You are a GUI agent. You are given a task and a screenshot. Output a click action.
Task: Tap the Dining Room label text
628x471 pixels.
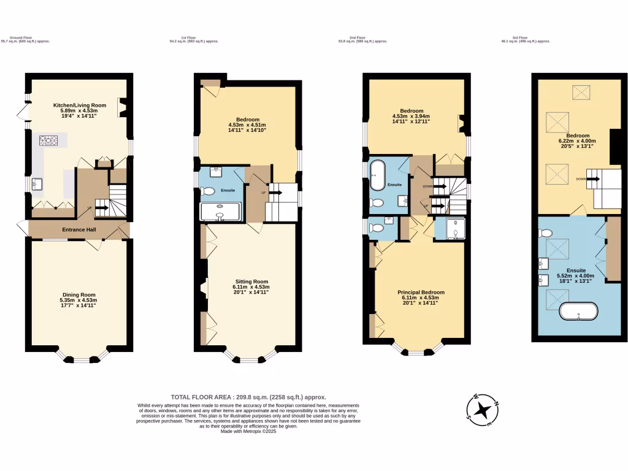[78, 294]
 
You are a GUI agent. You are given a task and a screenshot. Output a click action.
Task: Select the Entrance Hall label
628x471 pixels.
[79, 230]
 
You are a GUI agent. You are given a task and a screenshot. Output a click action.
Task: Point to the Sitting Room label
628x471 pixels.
[251, 281]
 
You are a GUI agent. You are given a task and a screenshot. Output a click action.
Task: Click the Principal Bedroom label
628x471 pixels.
[421, 293]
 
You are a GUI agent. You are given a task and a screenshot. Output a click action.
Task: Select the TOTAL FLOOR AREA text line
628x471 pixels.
[248, 397]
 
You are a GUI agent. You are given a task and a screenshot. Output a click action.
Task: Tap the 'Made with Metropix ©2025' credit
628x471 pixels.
[249, 431]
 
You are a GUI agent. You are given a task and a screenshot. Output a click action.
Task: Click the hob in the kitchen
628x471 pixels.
[48, 141]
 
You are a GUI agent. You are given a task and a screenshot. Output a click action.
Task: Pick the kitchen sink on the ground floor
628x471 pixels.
[36, 183]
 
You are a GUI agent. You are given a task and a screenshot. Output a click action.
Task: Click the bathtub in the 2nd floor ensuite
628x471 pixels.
[377, 175]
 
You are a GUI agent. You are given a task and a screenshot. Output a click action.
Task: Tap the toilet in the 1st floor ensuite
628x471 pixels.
[208, 191]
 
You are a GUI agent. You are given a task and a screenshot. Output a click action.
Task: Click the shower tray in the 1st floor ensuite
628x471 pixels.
[220, 211]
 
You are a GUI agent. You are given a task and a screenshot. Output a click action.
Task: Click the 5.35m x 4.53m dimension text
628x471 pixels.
[78, 300]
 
